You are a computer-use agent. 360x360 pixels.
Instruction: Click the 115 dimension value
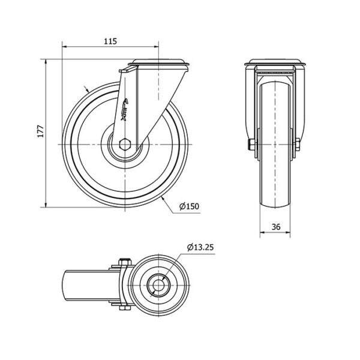coord(110,41)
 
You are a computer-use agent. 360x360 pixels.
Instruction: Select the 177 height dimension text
coord(41,131)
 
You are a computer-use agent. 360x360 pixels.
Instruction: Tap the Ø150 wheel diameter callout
coord(189,206)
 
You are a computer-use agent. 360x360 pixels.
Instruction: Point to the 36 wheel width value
coord(276,227)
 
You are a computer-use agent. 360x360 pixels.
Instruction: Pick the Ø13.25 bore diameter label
coord(200,247)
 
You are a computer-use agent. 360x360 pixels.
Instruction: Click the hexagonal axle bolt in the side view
coord(125,145)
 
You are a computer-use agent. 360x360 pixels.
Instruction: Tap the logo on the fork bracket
coord(125,110)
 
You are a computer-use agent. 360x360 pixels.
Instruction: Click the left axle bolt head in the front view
coord(251,145)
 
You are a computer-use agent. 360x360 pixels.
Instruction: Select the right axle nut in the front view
coord(298,145)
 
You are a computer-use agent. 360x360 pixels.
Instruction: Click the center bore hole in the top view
coord(158,286)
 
